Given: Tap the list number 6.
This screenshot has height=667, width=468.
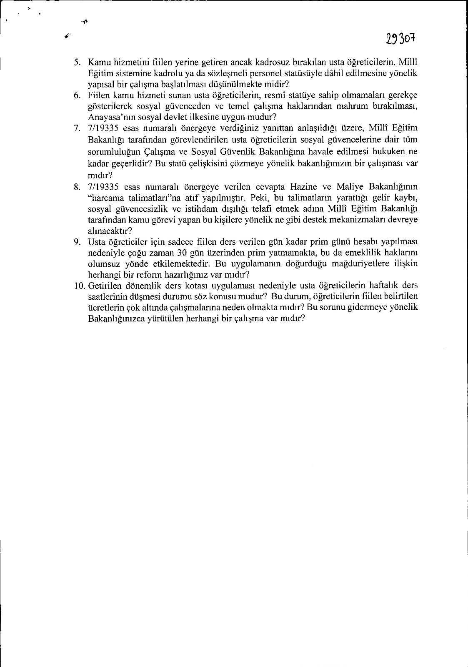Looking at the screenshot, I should (77, 95).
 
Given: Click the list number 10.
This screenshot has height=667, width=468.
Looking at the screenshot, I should (80, 286).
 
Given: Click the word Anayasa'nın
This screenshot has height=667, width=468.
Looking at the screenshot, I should (107, 117).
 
